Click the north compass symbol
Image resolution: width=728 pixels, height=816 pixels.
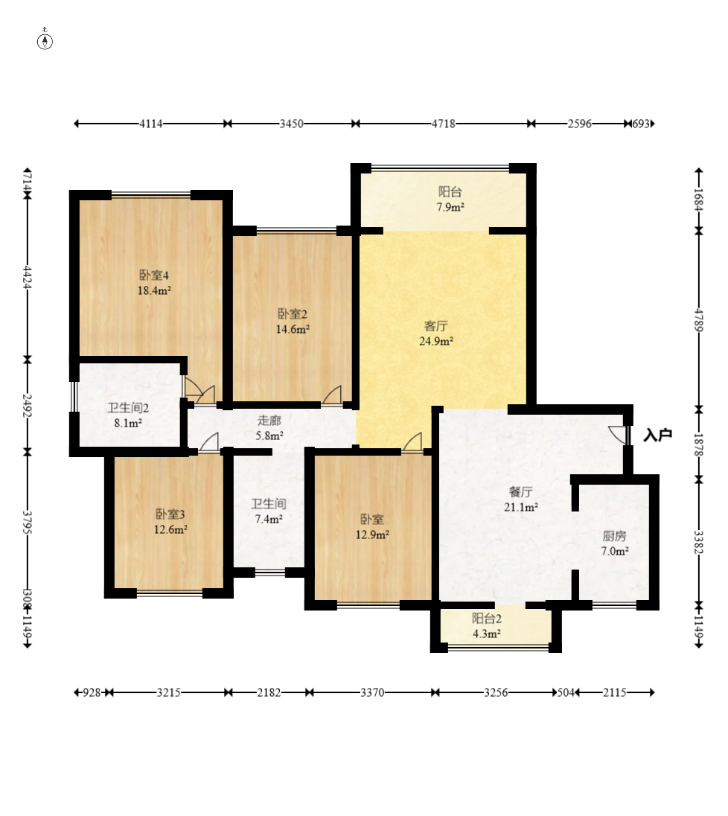pos(45,40)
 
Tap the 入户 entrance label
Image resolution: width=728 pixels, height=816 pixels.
pos(658,435)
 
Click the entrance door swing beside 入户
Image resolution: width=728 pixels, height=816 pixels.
pos(619,435)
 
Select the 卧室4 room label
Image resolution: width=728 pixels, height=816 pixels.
pos(154,275)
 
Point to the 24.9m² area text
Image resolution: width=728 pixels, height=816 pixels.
pos(436,342)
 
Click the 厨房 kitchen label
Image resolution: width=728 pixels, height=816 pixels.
pos(615,535)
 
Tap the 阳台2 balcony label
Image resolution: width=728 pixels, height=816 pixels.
pos(487,618)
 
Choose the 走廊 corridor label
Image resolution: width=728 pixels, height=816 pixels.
pos(269,420)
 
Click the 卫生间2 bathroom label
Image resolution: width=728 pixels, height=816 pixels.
pos(128,408)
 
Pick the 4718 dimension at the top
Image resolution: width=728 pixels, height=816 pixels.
pos(444,124)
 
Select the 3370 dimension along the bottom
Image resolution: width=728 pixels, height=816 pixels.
pos(372,692)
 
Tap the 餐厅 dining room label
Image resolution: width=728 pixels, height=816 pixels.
pos(520,492)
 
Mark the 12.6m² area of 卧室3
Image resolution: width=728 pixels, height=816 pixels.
pos(170,530)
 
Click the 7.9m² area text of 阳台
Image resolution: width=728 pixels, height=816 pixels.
pos(450,207)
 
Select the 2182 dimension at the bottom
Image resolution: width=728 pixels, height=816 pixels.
pos(269,692)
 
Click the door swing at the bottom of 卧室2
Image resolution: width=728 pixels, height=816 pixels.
pos(333,395)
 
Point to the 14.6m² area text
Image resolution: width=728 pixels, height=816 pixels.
pos(293,329)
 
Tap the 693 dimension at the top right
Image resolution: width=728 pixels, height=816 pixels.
pos(641,124)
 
